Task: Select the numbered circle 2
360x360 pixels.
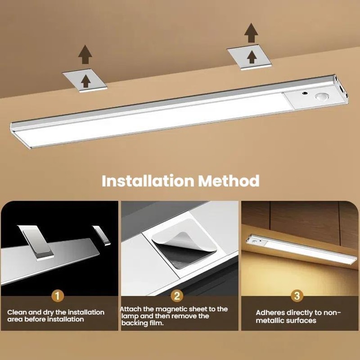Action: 177,296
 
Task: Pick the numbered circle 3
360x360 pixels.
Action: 297,296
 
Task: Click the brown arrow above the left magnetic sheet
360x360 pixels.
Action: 85,54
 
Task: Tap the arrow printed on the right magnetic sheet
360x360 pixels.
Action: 252,57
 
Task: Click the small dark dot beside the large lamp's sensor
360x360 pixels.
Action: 306,94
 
